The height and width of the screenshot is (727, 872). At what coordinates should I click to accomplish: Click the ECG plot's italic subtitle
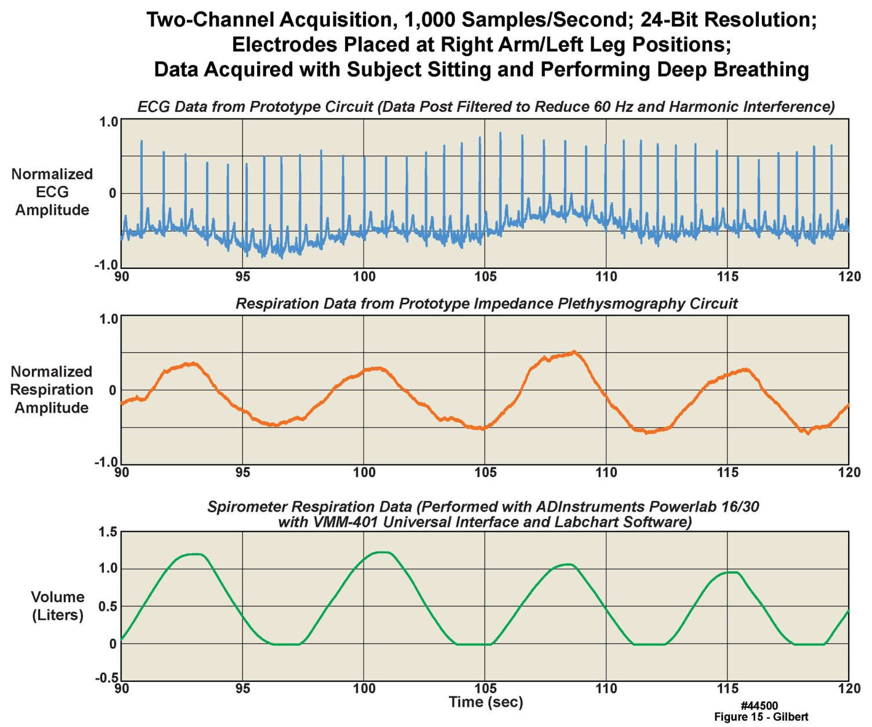(486, 107)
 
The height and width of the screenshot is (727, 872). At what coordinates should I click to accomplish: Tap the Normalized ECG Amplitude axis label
(52, 192)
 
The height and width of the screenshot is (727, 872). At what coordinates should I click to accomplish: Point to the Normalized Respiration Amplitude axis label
(52, 390)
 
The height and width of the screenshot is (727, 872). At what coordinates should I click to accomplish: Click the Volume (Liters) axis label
(57, 606)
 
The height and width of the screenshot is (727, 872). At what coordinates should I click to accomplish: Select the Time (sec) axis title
(486, 703)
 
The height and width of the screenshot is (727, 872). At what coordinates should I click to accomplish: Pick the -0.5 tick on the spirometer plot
(106, 678)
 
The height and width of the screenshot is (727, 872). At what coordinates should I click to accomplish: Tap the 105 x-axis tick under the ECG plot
(486, 277)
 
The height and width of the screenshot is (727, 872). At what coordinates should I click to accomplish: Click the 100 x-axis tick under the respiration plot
(364, 472)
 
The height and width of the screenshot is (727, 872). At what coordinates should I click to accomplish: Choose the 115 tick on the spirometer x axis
(728, 689)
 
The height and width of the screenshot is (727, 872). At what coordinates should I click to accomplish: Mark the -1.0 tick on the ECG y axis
(106, 265)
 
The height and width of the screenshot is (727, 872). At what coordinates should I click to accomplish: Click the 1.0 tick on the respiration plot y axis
(108, 319)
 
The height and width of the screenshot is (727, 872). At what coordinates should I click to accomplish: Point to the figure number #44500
(759, 706)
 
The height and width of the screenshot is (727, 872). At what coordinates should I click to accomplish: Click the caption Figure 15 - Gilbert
(761, 717)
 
